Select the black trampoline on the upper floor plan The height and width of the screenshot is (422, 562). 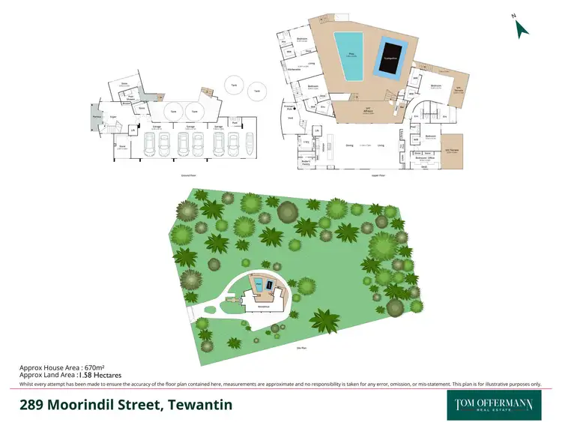[391, 56]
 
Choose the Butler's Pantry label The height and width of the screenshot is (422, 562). [306, 162]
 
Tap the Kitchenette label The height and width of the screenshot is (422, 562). [294, 69]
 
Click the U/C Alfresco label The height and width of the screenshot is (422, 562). [369, 109]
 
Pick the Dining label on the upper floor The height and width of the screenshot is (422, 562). [348, 145]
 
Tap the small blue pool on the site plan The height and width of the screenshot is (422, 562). [259, 285]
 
